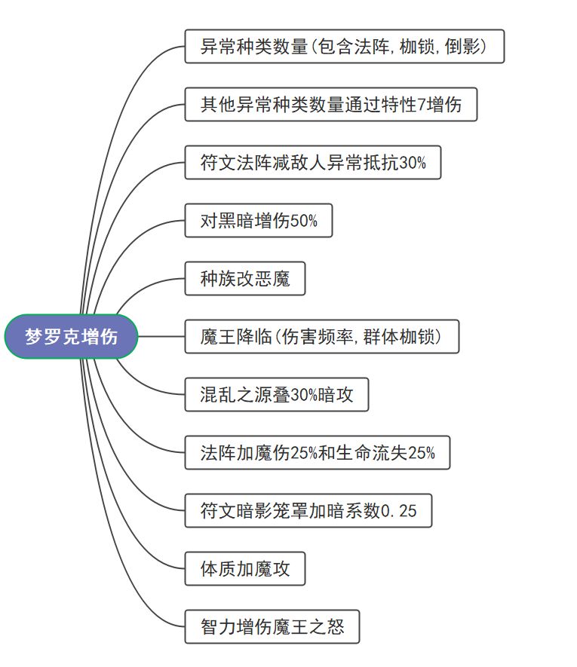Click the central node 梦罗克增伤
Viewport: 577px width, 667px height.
tap(72, 337)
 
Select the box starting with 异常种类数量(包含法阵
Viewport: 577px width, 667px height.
tap(344, 47)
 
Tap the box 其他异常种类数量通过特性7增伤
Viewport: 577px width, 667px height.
tap(332, 105)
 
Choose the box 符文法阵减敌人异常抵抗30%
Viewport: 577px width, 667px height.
tap(312, 163)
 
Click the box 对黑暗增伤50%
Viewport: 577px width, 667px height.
tap(258, 221)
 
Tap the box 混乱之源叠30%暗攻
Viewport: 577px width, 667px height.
tap(276, 395)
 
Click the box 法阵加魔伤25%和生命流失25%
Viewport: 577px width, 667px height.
tap(317, 453)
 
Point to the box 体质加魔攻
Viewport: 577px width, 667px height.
tap(245, 569)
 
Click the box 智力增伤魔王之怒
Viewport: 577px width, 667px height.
tap(272, 627)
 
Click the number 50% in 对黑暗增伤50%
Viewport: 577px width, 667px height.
tap(304, 222)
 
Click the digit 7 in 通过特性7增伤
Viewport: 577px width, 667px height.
tap(422, 106)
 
